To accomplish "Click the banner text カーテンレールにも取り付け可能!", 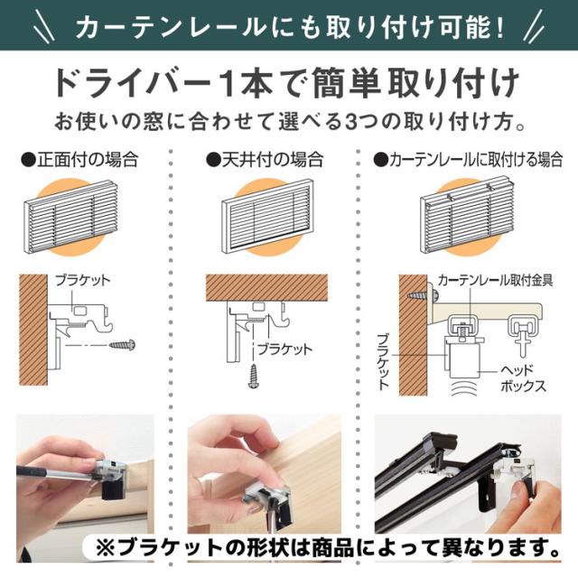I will coord(289,26).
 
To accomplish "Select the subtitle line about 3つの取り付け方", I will coord(289,120).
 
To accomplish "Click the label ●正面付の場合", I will coord(80,161).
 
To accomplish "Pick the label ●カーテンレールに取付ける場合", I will coord(470,161).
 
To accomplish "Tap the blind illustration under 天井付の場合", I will coord(268,214).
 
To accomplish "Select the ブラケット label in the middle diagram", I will coord(284,348).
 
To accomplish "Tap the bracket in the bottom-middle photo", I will coord(268,496).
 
